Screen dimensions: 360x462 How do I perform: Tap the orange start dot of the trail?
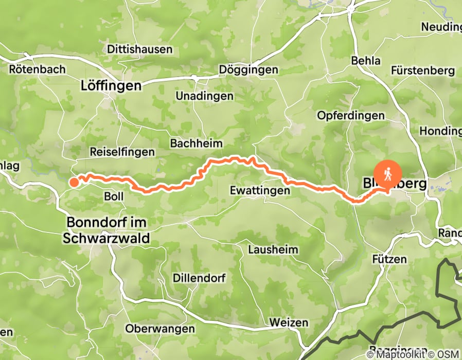click(x=74, y=182)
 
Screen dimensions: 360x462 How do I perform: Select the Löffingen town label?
click(x=111, y=86)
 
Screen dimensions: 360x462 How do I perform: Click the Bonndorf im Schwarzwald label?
click(x=106, y=230)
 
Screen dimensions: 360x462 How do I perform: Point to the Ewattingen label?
click(x=260, y=190)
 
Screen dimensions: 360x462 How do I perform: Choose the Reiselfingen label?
click(x=122, y=152)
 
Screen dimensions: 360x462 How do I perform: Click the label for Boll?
click(x=114, y=196)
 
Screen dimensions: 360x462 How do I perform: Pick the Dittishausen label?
click(x=140, y=50)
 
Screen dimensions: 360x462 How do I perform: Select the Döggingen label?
click(x=248, y=69)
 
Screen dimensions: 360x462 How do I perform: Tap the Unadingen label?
click(x=204, y=96)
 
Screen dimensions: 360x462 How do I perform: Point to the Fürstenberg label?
click(x=423, y=70)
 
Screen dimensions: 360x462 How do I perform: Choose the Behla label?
click(x=366, y=61)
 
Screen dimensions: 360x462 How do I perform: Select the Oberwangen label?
click(x=160, y=329)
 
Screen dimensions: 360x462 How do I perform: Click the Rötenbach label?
click(x=37, y=69)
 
